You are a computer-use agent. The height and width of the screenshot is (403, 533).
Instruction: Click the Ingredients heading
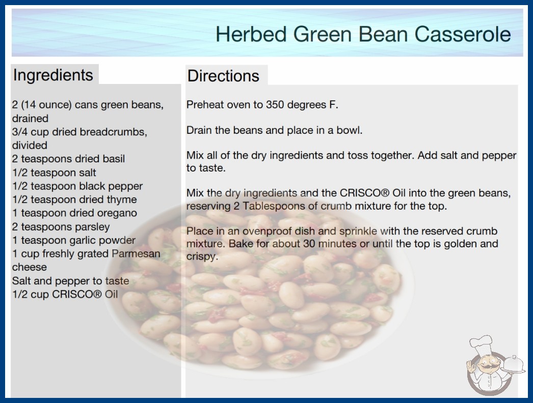pyautogui.click(x=53, y=75)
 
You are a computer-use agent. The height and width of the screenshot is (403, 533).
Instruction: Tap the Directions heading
pyautogui.click(x=223, y=76)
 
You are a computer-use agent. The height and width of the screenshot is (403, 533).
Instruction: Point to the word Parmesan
pyautogui.click(x=136, y=253)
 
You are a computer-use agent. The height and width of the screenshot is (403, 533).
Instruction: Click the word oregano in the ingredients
pyautogui.click(x=117, y=214)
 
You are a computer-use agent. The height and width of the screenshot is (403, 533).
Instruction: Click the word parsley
pyautogui.click(x=93, y=227)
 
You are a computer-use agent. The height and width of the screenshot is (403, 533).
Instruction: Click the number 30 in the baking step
pyautogui.click(x=309, y=244)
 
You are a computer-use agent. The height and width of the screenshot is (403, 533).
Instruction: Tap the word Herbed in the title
pyautogui.click(x=251, y=34)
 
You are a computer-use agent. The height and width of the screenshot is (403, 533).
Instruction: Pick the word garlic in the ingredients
pyautogui.click(x=66, y=241)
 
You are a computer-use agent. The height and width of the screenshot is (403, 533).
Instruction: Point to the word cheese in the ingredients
pyautogui.click(x=30, y=267)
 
